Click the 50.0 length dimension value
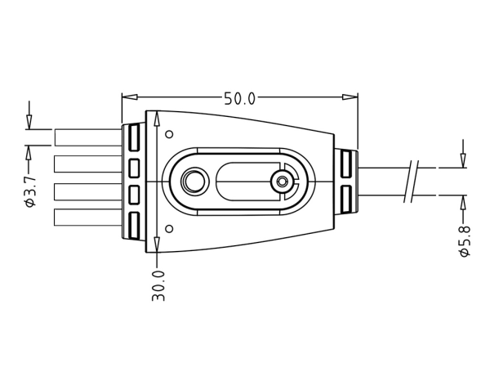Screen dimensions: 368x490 click(239, 99)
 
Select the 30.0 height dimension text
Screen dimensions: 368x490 click(159, 286)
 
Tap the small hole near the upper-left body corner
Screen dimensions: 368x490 click(169, 134)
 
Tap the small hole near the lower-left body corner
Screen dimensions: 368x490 click(169, 228)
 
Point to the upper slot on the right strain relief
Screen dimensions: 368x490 click(345, 165)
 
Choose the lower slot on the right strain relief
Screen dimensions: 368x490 click(345, 197)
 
